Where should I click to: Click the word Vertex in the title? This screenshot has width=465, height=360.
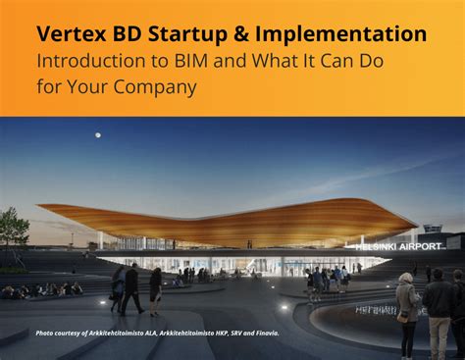tap(72, 34)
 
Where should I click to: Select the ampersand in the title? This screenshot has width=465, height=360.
tap(242, 34)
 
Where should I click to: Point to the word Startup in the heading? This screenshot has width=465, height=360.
tap(187, 35)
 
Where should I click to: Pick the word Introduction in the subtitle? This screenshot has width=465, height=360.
tap(85, 60)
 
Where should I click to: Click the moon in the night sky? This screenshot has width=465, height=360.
tap(95, 137)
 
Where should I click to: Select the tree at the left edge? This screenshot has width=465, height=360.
tap(13, 230)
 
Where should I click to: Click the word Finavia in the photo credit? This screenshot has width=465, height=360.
tap(263, 334)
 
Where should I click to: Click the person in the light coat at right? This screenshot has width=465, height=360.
tap(407, 304)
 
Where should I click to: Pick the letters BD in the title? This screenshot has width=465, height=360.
tap(129, 34)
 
